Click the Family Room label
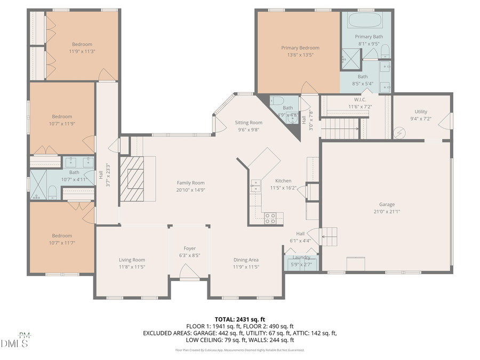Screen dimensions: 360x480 [x=190, y=183]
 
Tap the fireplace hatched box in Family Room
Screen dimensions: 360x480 [x=131, y=178]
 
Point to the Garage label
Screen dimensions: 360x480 [x=387, y=204]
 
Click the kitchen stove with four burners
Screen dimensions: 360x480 [x=270, y=218]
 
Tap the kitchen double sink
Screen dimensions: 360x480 [x=255, y=186]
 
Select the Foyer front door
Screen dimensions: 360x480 [x=189, y=274]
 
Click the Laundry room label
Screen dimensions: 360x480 [x=301, y=258]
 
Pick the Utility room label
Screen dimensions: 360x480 [x=421, y=111]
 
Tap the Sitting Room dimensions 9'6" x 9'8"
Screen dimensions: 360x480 [x=249, y=130]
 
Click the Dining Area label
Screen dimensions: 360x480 [x=246, y=260]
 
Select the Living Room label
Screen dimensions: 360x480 [x=132, y=260]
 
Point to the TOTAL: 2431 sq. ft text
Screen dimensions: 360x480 [x=239, y=319]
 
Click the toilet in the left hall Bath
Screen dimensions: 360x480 [x=52, y=192]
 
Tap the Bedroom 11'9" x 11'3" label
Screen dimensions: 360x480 [x=82, y=44]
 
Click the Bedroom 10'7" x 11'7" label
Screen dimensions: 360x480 [x=62, y=236]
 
